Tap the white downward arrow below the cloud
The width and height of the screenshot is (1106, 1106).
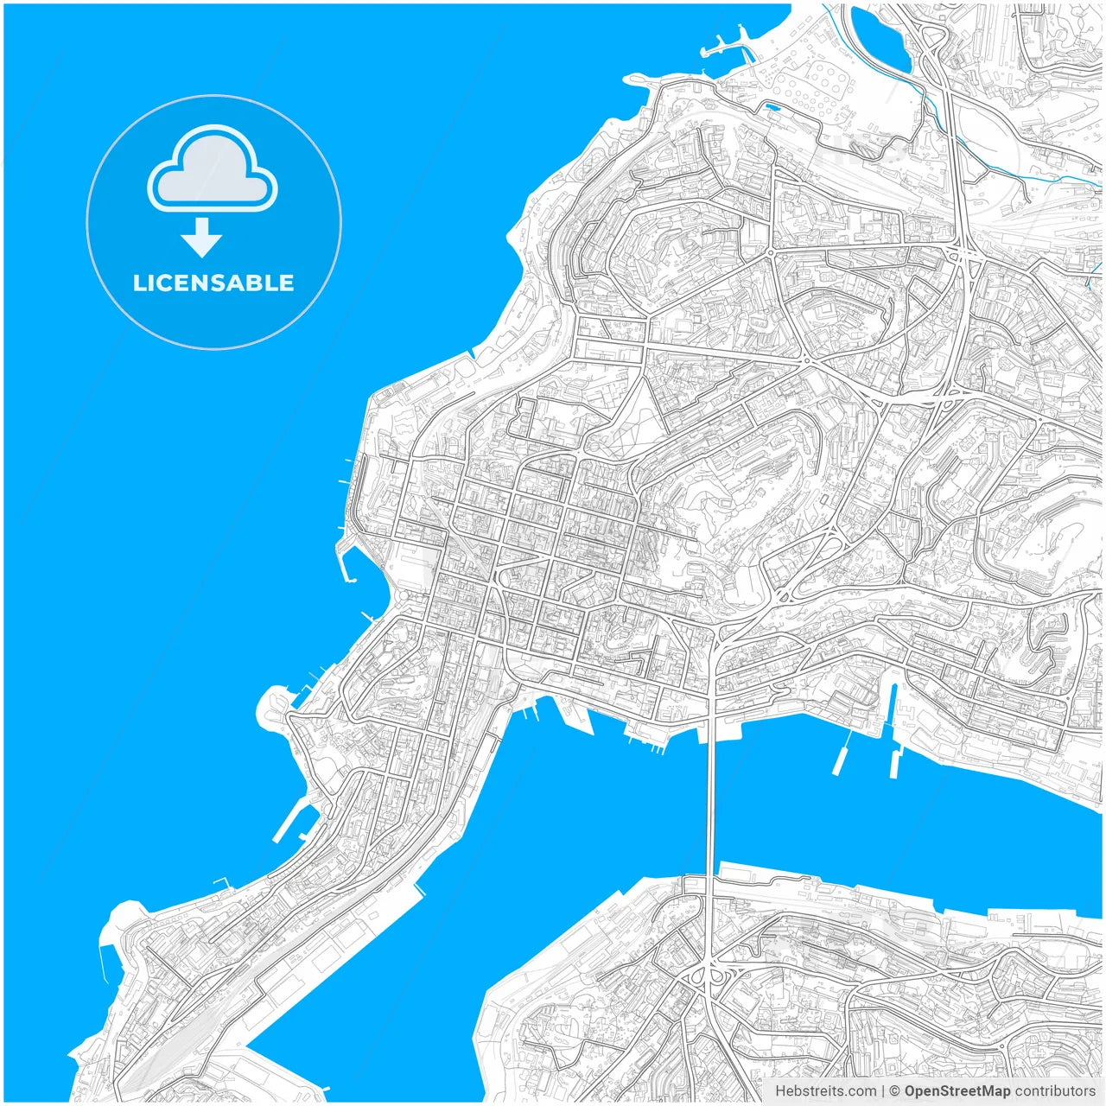pyautogui.click(x=201, y=238)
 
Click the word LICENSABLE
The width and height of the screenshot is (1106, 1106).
pyautogui.click(x=213, y=283)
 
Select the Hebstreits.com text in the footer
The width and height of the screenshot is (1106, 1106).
pyautogui.click(x=825, y=1091)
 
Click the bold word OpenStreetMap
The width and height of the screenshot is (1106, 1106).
pyautogui.click(x=957, y=1091)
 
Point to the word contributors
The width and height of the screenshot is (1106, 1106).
pyautogui.click(x=1055, y=1091)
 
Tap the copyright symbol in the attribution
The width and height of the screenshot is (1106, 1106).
pyautogui.click(x=895, y=1091)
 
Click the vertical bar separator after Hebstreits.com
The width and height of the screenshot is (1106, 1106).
pyautogui.click(x=883, y=1091)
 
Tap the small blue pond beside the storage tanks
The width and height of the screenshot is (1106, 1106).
pyautogui.click(x=771, y=108)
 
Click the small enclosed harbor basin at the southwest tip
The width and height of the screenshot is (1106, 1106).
pyautogui.click(x=107, y=959)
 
